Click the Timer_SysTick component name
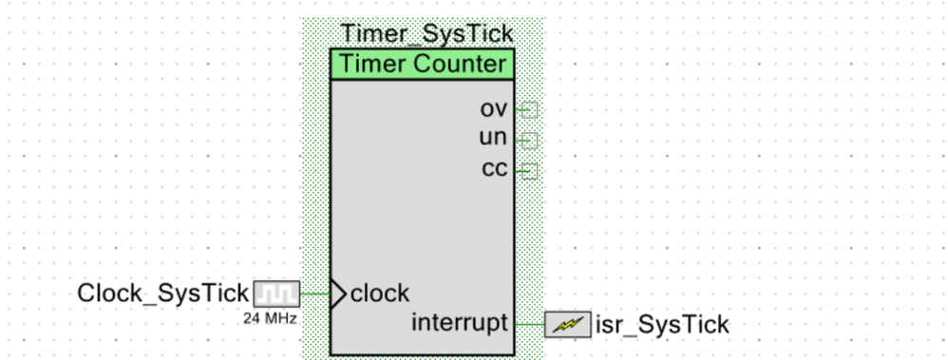427,33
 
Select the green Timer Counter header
422,65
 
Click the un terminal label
494,140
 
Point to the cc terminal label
495,171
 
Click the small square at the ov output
530,109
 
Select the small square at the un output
530,141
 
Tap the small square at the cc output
530,171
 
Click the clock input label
380,293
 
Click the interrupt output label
460,323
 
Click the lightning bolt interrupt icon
567,325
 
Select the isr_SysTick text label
662,325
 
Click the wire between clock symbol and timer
314,294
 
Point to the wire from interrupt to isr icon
529,324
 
